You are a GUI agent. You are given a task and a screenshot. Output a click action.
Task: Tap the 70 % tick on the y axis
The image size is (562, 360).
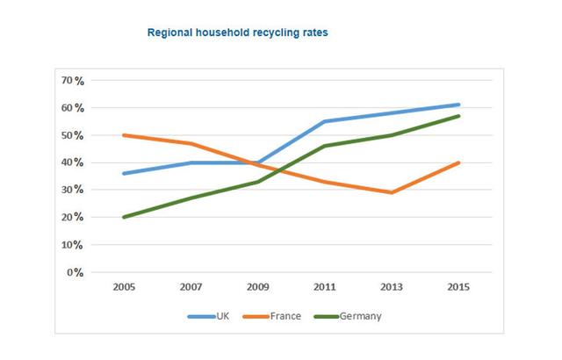click(72, 81)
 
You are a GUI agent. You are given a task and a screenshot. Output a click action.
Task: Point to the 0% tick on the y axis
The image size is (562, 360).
click(75, 272)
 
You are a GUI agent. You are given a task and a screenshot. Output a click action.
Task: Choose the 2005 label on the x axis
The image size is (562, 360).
click(123, 287)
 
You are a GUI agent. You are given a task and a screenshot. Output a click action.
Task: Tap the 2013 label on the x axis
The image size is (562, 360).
click(391, 287)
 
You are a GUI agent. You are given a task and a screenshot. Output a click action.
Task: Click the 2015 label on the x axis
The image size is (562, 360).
click(458, 287)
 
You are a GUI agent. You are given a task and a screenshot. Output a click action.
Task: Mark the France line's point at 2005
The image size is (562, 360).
click(124, 135)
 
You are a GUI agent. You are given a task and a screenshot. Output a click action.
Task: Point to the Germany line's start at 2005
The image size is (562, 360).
click(124, 217)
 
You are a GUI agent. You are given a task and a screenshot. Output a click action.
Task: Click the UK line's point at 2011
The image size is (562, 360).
click(324, 121)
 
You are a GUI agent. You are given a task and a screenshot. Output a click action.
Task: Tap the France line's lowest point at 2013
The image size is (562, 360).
click(391, 192)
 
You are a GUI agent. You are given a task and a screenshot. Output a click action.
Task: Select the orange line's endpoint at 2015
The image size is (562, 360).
click(458, 162)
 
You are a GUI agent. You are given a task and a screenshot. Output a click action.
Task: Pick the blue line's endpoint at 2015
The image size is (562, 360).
click(458, 104)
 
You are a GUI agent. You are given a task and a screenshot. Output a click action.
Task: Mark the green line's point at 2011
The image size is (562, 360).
click(324, 146)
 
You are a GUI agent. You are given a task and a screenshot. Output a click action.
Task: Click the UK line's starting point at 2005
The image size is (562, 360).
click(124, 174)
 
